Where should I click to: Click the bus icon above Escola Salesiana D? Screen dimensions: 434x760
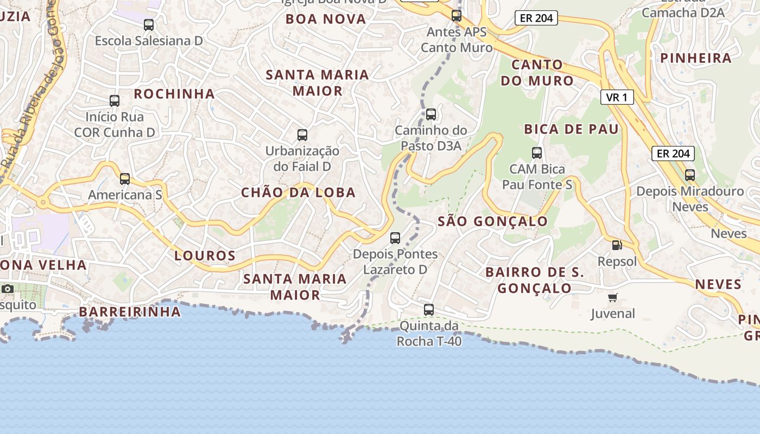point(149,25)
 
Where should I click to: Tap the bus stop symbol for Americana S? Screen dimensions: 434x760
point(125,179)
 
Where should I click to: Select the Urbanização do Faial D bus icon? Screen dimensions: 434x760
point(302,135)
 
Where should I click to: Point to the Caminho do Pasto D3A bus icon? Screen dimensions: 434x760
point(431,114)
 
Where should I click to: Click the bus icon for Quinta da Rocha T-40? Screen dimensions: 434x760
point(429,310)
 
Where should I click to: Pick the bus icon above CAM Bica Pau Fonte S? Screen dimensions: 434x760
point(537,153)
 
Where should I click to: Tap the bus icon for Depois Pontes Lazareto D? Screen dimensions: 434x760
point(395,238)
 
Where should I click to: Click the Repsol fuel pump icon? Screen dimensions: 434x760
point(617,245)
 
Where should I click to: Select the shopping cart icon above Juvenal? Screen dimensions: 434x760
point(613,297)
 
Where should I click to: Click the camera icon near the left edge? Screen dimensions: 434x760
point(8,289)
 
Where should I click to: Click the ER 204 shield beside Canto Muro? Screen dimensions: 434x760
point(536,18)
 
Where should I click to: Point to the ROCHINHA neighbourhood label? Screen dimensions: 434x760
point(174,94)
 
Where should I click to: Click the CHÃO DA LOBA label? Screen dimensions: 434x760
point(298,193)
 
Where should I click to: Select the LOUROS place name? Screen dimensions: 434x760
point(205,256)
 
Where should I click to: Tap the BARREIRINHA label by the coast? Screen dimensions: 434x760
point(130,312)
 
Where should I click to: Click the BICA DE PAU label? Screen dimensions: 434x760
point(571,129)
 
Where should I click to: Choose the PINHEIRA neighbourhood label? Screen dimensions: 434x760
point(696,59)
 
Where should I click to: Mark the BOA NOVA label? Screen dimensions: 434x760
point(326,19)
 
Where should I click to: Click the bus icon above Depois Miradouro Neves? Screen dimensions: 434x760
point(690,175)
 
